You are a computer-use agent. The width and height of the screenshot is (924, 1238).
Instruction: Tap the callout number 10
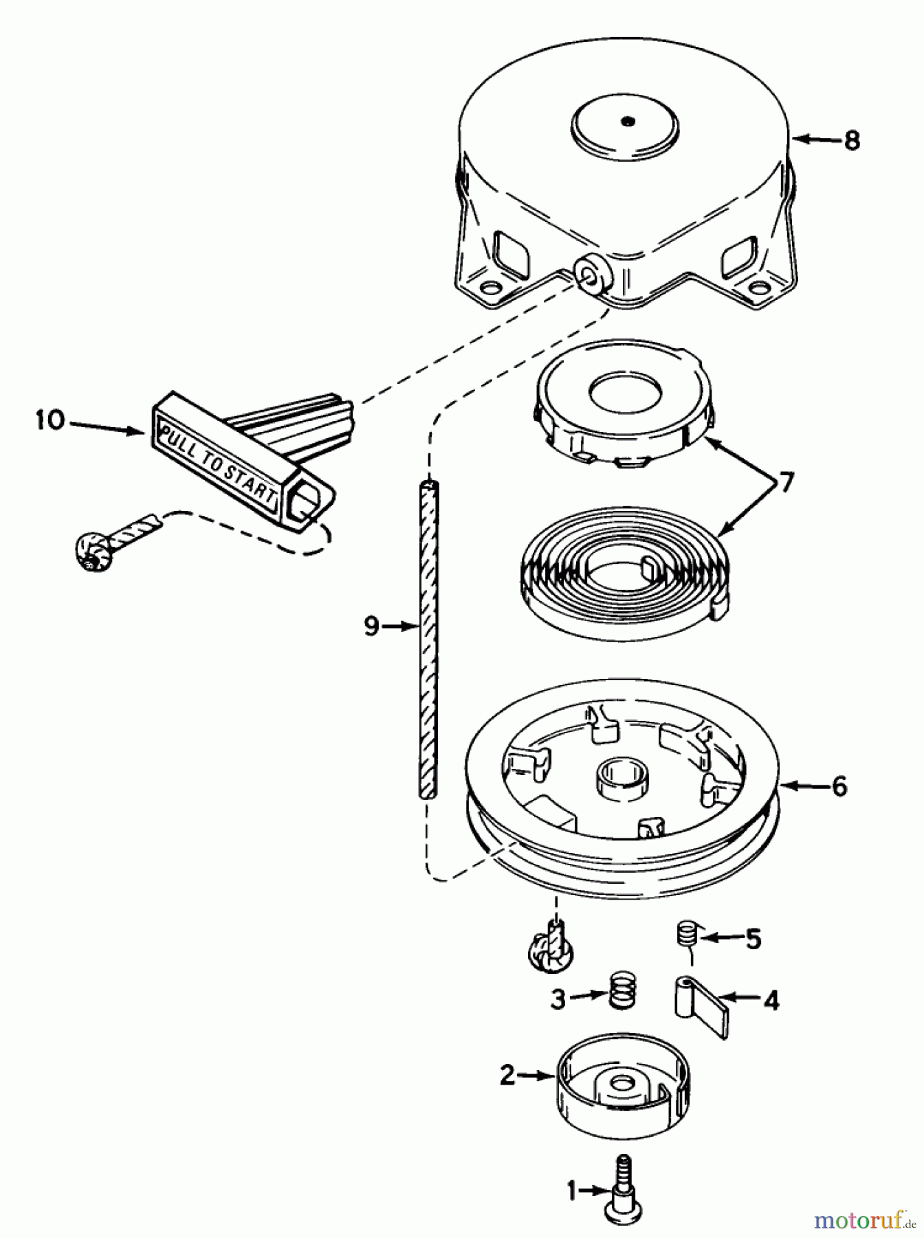[50, 420]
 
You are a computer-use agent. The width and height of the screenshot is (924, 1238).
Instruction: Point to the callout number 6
[839, 785]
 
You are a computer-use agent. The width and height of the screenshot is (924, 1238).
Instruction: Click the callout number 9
[371, 627]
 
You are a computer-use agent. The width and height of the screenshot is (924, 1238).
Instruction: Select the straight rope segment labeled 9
[428, 640]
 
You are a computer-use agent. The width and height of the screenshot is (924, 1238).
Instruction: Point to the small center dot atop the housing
[626, 122]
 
